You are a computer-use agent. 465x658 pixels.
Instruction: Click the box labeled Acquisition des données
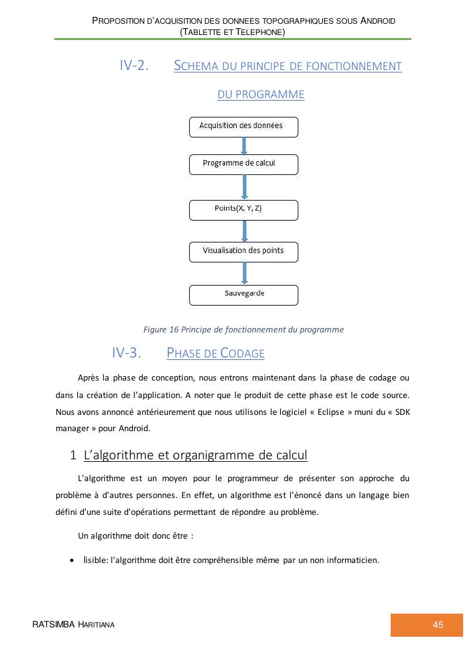[x=243, y=127]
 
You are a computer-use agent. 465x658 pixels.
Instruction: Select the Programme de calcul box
[x=243, y=164]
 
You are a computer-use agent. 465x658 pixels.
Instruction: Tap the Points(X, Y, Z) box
[x=243, y=210]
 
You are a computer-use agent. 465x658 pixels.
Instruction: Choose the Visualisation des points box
[x=243, y=252]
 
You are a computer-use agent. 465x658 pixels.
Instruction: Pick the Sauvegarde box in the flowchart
[x=243, y=295]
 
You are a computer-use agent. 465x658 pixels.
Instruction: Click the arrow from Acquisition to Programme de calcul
[x=244, y=146]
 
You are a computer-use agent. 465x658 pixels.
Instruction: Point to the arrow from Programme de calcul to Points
[x=244, y=187]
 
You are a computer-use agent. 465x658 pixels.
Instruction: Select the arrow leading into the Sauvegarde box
[x=244, y=273]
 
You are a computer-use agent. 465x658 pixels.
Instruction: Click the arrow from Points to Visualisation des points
[x=244, y=231]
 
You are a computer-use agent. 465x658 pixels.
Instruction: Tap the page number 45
[x=438, y=625]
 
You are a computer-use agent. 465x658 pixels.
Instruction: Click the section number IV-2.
[x=134, y=66]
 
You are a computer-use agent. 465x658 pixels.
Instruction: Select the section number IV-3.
[x=127, y=353]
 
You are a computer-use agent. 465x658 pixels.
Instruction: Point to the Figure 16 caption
[x=243, y=329]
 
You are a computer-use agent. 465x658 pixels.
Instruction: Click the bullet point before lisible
[x=73, y=560]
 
